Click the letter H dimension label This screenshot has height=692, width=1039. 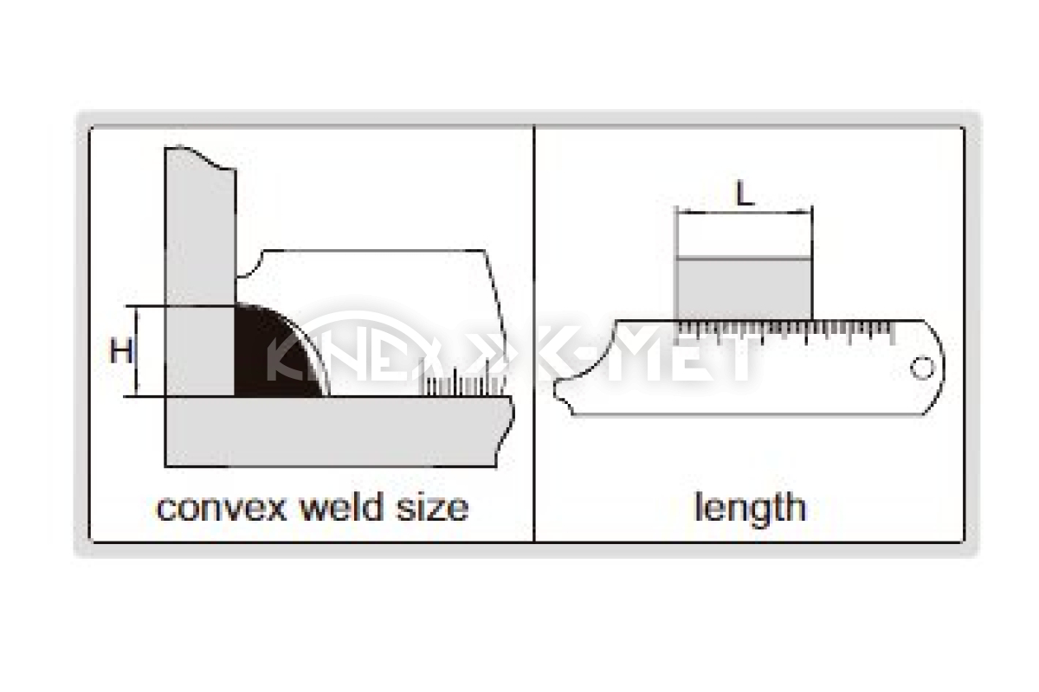click(121, 350)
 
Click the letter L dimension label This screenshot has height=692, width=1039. click(745, 193)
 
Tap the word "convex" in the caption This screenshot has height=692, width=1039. click(222, 509)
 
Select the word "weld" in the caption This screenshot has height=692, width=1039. click(342, 507)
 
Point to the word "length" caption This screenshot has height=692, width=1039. click(750, 509)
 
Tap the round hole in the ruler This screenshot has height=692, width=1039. click(922, 368)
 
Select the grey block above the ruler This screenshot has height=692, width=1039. click(745, 289)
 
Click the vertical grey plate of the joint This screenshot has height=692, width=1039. click(200, 271)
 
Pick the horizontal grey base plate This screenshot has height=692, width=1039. click(339, 431)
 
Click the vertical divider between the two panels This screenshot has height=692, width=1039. click(534, 333)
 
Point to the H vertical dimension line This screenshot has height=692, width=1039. click(137, 351)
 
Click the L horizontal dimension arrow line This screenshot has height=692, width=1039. click(745, 213)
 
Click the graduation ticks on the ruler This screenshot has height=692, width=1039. click(786, 332)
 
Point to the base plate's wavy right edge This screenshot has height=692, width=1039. click(506, 431)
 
